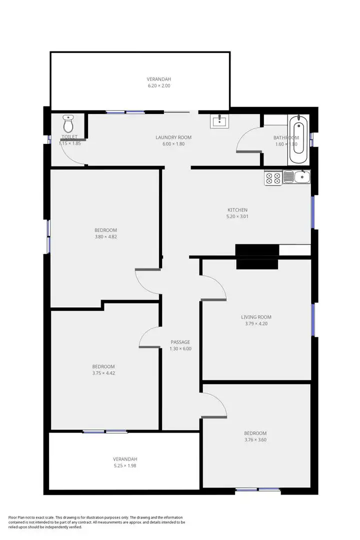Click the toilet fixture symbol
click(x=68, y=123)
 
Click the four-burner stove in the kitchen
click(x=273, y=177)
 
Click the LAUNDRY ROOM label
click(x=173, y=137)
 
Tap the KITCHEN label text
click(x=237, y=210)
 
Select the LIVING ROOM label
click(x=256, y=317)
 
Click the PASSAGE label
click(x=180, y=342)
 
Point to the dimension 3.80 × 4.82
click(x=105, y=237)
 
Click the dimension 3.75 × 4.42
click(x=103, y=373)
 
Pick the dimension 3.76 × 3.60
click(x=255, y=440)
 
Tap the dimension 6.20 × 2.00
click(x=159, y=86)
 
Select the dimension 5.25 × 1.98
click(x=124, y=465)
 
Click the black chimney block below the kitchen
click(x=257, y=256)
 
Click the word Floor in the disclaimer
click(x=14, y=517)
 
